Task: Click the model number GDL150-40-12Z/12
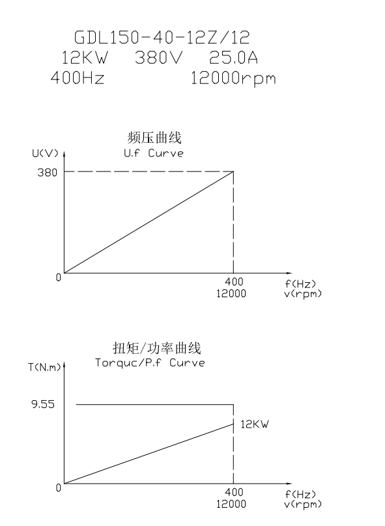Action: [x=162, y=37]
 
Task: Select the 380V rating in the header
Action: [x=159, y=57]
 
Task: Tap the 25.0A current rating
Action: [x=233, y=57]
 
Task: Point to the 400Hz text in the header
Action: [x=78, y=78]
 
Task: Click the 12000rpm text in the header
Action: [x=233, y=79]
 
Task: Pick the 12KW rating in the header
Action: [x=85, y=57]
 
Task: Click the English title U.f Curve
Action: [x=154, y=153]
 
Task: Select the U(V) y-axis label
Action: [x=45, y=153]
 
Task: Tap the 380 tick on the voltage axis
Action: [x=48, y=173]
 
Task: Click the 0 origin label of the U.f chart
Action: [x=59, y=278]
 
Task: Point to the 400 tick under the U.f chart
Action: [x=234, y=282]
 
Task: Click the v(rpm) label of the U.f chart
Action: [x=303, y=294]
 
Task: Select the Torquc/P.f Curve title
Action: [x=150, y=363]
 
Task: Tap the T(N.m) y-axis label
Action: [x=44, y=368]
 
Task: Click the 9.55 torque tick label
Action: [x=43, y=404]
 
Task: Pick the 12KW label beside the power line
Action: [x=255, y=424]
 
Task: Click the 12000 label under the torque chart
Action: [x=231, y=504]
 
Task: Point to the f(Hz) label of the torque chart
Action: [x=300, y=494]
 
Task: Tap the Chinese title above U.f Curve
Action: [x=154, y=138]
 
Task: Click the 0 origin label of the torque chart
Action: [x=59, y=488]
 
